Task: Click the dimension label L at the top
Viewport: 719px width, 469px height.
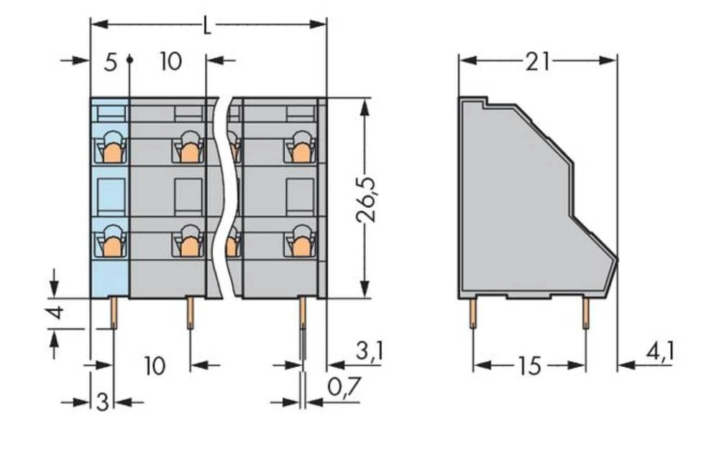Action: [x=206, y=26]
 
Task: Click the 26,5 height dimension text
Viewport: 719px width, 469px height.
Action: [x=367, y=199]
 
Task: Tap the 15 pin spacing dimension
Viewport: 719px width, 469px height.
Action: [x=528, y=366]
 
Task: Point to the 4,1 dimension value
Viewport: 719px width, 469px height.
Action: [x=659, y=352]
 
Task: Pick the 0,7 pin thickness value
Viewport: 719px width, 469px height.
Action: [x=343, y=388]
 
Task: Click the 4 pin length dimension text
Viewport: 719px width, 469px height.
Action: [x=58, y=314]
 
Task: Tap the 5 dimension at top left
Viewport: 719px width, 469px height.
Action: [x=109, y=62]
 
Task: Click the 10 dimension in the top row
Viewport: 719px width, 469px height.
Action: [x=170, y=62]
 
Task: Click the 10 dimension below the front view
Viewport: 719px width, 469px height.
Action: [x=154, y=366]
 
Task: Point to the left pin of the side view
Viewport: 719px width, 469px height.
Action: [x=472, y=314]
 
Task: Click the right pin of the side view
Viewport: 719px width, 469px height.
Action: [x=585, y=314]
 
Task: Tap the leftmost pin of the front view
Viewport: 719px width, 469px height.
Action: [x=114, y=314]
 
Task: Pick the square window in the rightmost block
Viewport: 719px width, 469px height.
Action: [x=298, y=193]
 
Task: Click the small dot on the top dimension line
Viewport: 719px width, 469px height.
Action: [x=129, y=60]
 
